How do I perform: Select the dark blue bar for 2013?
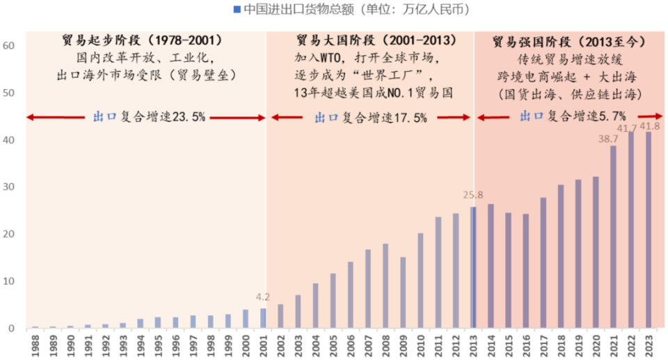coord(474,267)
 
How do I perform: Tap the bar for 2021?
coord(613,236)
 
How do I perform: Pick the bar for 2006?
coord(350,295)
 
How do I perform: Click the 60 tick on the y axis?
coord(9,46)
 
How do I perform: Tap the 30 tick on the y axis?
coord(9,187)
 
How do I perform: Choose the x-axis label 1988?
coord(35,345)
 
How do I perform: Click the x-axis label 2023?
coord(649,345)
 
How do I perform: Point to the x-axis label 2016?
coord(526,345)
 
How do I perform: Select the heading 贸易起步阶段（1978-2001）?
coord(146,40)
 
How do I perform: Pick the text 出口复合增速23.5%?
coord(149,117)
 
